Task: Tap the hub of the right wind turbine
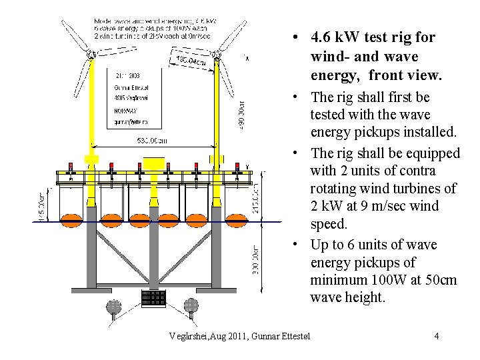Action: (217, 58)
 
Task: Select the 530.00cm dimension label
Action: (152, 141)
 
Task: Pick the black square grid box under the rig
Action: (153, 298)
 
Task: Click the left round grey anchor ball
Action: (114, 306)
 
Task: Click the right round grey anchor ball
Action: (191, 306)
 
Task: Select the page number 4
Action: (436, 335)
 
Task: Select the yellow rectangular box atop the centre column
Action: (153, 163)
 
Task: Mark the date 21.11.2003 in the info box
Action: (127, 75)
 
